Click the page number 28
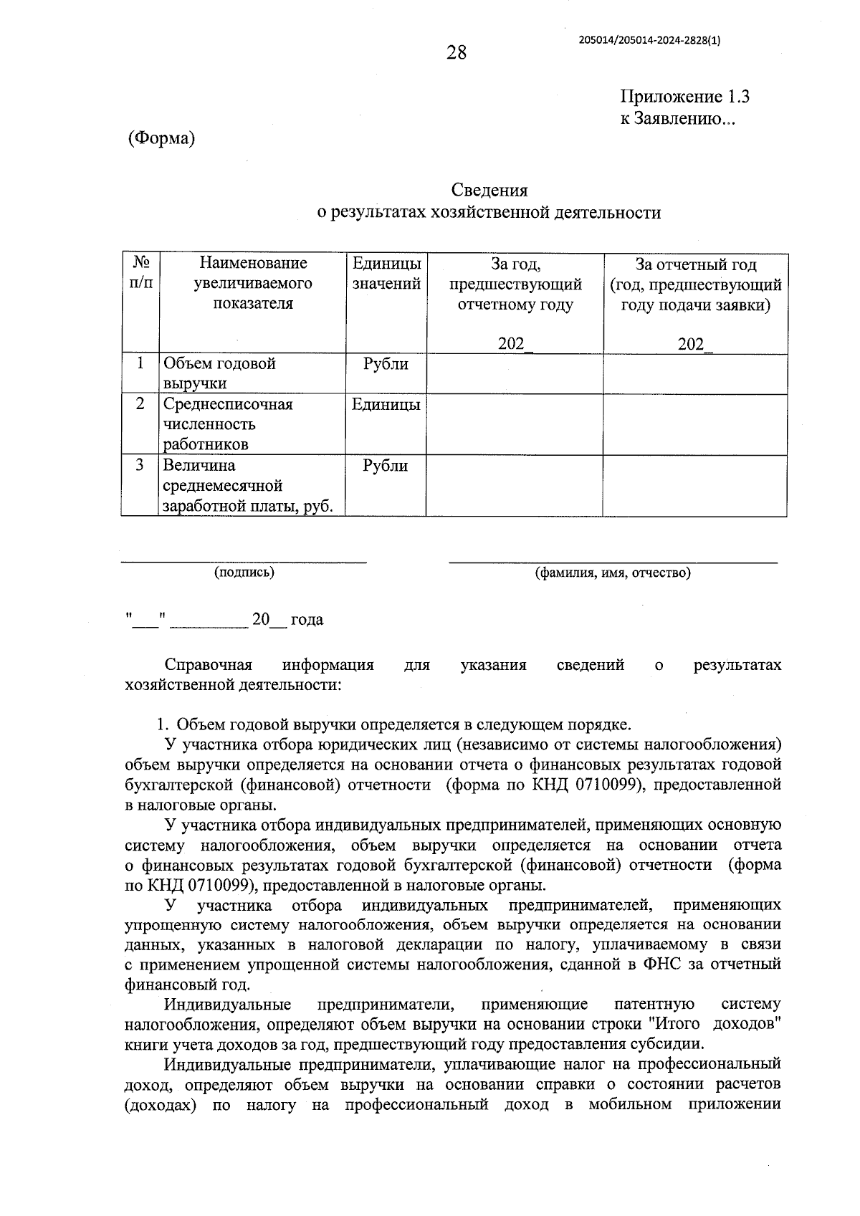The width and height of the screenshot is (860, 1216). [456, 52]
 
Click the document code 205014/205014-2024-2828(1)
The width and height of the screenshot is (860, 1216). [649, 41]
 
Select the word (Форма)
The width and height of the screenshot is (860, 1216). [161, 138]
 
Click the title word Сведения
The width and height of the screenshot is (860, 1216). [489, 190]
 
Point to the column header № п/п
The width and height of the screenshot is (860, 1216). [140, 273]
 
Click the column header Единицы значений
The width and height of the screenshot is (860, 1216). [386, 273]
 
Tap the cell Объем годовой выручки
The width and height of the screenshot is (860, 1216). [219, 373]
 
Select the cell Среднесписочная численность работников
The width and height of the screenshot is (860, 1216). [227, 423]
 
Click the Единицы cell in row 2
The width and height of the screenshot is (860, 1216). [386, 404]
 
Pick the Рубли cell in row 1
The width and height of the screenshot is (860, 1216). [386, 364]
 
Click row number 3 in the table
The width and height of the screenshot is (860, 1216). [140, 465]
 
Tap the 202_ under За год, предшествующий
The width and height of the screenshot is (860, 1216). [515, 344]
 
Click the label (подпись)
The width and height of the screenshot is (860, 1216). [244, 572]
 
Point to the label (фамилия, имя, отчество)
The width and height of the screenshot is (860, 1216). [613, 573]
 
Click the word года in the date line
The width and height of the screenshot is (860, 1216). [307, 619]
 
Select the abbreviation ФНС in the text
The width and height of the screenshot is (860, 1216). [660, 964]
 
